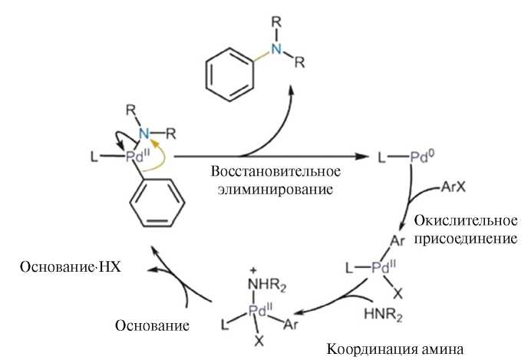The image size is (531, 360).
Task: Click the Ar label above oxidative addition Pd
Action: [x=397, y=240]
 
